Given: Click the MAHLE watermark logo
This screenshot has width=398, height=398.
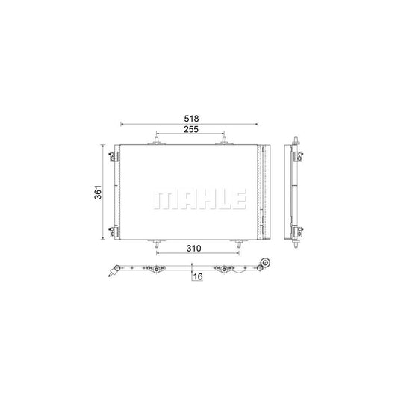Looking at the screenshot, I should point(199,199).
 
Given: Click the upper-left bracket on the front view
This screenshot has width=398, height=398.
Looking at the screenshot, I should point(114,156).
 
